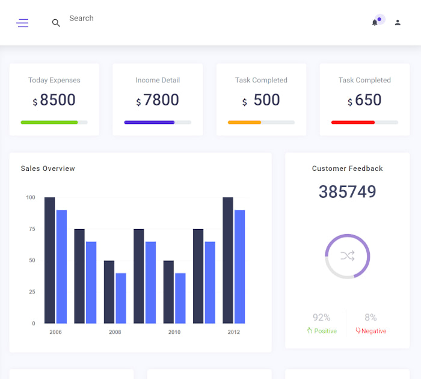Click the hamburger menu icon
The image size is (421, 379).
pyautogui.click(x=22, y=23)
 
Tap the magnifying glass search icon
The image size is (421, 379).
pyautogui.click(x=56, y=23)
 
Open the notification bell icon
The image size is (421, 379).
pyautogui.click(x=375, y=22)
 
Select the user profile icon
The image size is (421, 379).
pyautogui.click(x=398, y=22)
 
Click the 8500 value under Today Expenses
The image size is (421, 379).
pyautogui.click(x=58, y=100)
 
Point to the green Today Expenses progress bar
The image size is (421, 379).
pyautogui.click(x=49, y=122)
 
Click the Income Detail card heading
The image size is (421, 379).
pyautogui.click(x=158, y=80)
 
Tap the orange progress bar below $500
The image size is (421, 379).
pyautogui.click(x=244, y=122)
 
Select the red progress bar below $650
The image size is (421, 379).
pyautogui.click(x=353, y=122)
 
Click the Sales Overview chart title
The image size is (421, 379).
pyautogui.click(x=48, y=168)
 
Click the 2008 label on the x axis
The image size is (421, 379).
pyautogui.click(x=115, y=332)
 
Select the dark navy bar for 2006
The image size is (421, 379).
pyautogui.click(x=50, y=260)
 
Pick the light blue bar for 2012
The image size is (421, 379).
pyautogui.click(x=239, y=267)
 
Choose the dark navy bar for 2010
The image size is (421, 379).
pyautogui.click(x=168, y=292)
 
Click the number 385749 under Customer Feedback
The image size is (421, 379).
pyautogui.click(x=347, y=192)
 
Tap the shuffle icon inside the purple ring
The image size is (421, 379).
pyautogui.click(x=348, y=256)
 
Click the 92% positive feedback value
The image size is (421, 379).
pyautogui.click(x=321, y=318)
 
